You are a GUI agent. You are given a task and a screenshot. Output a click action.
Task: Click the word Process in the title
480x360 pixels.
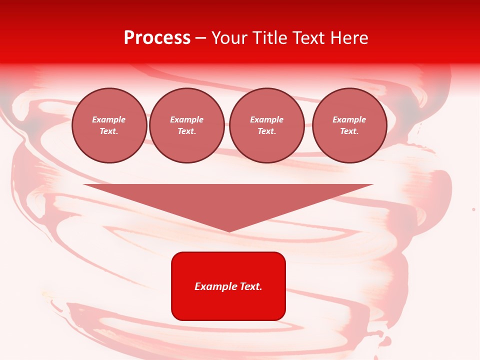click(x=157, y=38)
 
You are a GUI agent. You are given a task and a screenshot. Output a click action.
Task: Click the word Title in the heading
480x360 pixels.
click(x=268, y=38)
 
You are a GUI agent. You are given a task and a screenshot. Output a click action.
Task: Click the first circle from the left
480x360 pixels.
click(x=109, y=125)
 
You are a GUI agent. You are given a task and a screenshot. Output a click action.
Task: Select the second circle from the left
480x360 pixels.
click(x=187, y=125)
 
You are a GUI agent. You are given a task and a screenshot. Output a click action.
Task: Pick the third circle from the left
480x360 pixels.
click(x=266, y=125)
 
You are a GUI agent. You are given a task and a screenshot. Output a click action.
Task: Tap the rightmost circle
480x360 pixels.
click(x=349, y=125)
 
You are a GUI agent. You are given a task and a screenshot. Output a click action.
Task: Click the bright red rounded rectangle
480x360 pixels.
click(x=228, y=286)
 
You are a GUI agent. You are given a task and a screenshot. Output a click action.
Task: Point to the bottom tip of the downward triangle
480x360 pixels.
click(x=228, y=231)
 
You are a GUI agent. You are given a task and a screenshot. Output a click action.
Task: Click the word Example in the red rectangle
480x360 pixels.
click(x=215, y=286)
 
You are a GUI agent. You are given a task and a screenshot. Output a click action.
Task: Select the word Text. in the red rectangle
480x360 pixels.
click(x=250, y=286)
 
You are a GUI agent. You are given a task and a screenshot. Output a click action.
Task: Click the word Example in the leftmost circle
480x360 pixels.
click(x=109, y=119)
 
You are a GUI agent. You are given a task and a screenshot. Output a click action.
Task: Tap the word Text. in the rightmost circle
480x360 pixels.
click(x=349, y=131)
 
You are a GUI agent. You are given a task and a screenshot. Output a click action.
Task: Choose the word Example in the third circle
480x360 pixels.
click(x=266, y=119)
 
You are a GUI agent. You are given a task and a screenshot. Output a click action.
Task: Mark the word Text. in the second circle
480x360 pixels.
click(x=187, y=131)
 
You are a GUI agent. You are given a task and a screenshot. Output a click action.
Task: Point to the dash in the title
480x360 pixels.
click(x=201, y=38)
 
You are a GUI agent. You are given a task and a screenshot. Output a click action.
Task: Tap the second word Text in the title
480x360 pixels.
click(x=308, y=38)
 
